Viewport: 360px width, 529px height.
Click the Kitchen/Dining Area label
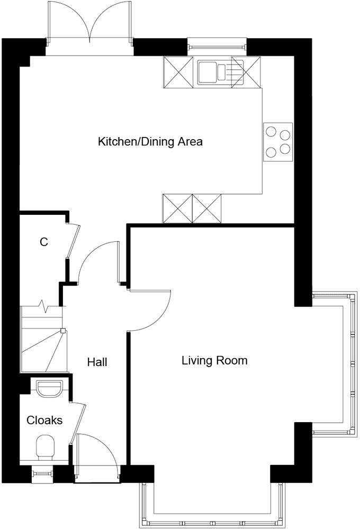pyautogui.click(x=150, y=142)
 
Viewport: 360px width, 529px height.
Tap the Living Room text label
pyautogui.click(x=214, y=361)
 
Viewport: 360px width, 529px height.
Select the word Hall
pyautogui.click(x=97, y=362)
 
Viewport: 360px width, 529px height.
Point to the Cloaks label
pyautogui.click(x=44, y=421)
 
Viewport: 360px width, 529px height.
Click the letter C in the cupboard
pyautogui.click(x=44, y=242)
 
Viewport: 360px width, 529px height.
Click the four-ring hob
pyautogui.click(x=278, y=142)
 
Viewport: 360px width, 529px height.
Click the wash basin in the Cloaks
pyautogui.click(x=51, y=388)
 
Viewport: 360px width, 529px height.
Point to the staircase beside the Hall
pyautogui.click(x=41, y=339)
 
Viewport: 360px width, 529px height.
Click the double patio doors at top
pyautogui.click(x=90, y=24)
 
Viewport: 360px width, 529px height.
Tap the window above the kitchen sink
pyautogui.click(x=217, y=47)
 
